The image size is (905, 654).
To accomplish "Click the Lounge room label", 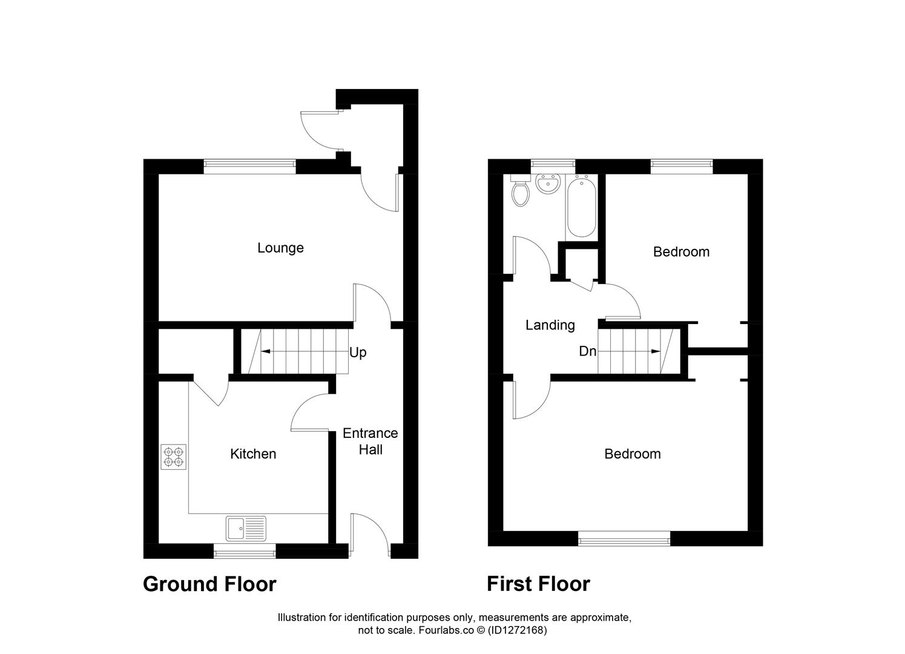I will [x=280, y=248].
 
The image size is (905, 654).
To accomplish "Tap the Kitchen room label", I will [x=253, y=454].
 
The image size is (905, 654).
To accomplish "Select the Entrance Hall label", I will [x=370, y=441].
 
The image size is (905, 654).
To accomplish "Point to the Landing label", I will [x=550, y=325].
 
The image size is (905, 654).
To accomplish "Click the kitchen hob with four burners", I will [x=174, y=457].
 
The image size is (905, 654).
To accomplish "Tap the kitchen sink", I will [x=246, y=528].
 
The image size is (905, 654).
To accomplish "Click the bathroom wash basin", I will [x=550, y=184].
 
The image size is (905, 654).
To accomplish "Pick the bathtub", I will [x=582, y=206].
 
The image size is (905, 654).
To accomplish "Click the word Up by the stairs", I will [x=358, y=352].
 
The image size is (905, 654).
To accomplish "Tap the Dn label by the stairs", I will [x=587, y=351].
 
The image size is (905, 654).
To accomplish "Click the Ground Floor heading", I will [x=209, y=584].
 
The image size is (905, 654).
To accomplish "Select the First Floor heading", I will [x=538, y=584].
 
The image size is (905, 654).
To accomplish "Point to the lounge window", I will [x=249, y=167].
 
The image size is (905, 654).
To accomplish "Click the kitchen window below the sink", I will [x=245, y=550].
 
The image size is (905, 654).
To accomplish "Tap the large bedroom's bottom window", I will [x=624, y=538].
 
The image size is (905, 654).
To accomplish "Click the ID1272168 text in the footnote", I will [x=518, y=630].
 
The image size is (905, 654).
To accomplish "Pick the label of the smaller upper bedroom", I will [x=681, y=252].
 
